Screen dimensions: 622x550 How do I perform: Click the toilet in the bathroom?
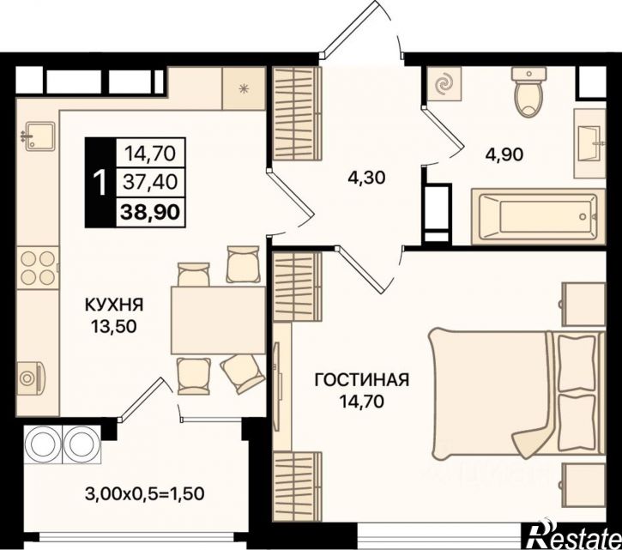529,92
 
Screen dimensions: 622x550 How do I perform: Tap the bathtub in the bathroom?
538,216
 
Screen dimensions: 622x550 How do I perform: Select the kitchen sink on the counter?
39,136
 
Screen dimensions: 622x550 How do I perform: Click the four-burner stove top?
38,268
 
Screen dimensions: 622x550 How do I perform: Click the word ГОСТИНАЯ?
361,380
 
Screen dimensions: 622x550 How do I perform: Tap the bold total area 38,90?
150,212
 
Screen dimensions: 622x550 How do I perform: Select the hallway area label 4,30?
366,178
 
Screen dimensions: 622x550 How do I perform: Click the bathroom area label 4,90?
504,154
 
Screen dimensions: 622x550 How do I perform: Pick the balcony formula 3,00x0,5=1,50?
145,494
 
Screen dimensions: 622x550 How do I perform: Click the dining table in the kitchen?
218,320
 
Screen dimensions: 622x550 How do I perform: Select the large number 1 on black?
100,182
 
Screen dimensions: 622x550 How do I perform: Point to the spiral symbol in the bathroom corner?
444,84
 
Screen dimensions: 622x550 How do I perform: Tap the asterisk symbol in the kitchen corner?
244,88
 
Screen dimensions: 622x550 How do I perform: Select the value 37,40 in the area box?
150,182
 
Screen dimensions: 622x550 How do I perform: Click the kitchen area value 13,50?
114,326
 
